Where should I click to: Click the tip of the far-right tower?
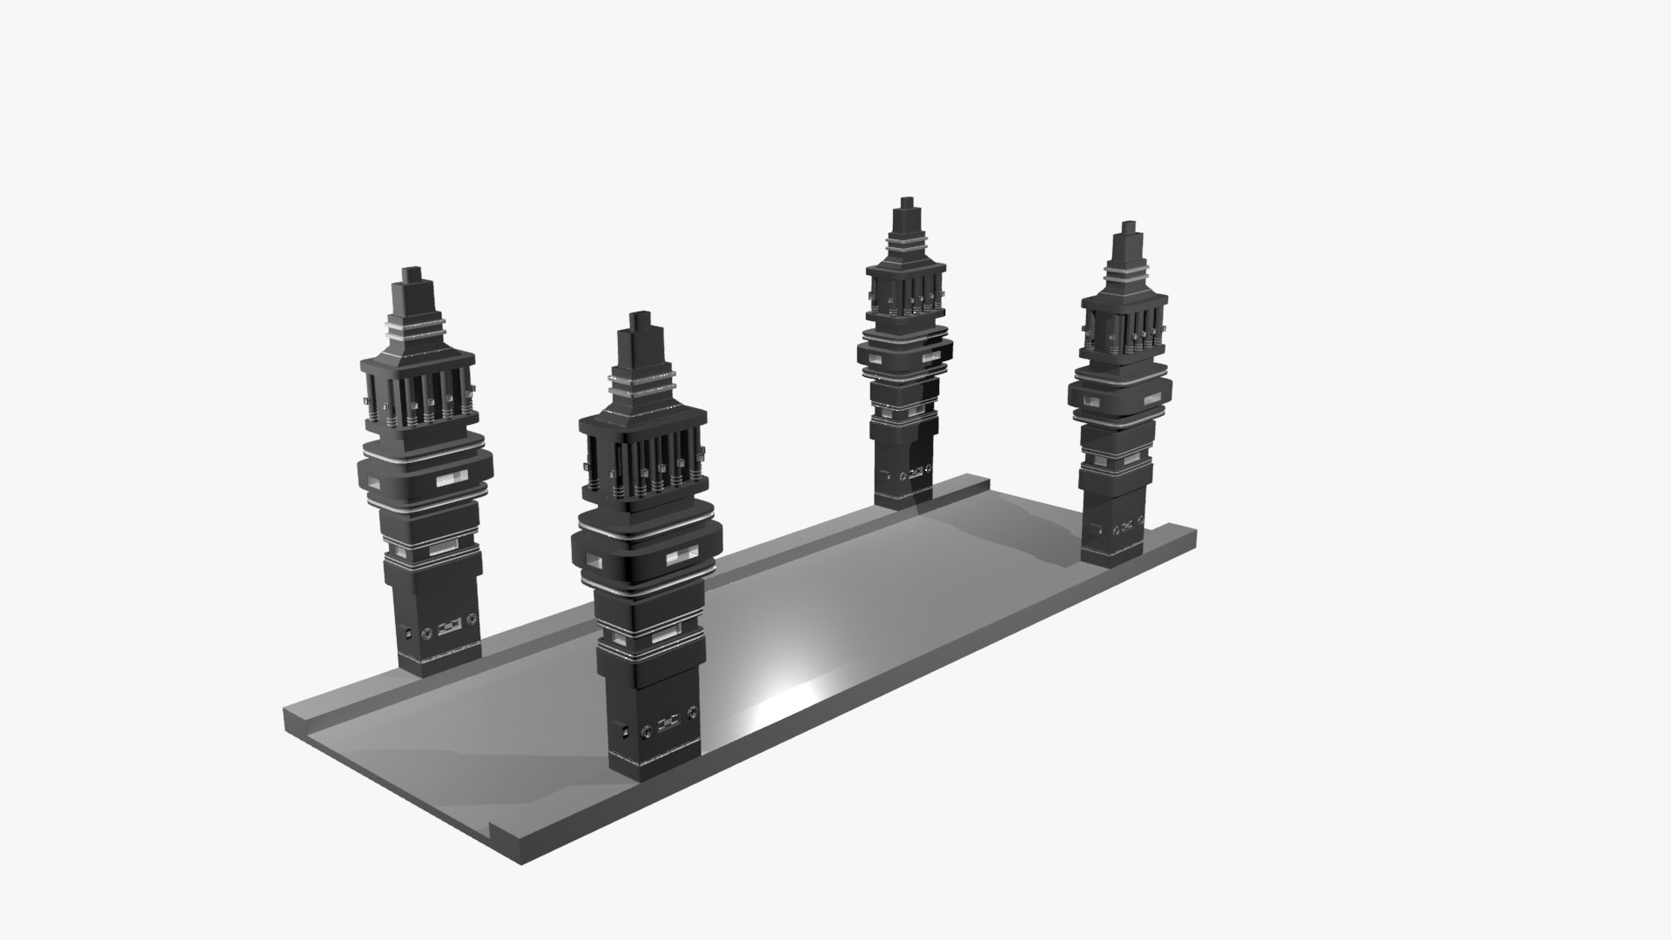(x=1130, y=226)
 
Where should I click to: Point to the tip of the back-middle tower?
(x=907, y=203)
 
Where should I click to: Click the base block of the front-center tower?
(x=648, y=714)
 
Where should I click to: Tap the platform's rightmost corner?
(x=1196, y=533)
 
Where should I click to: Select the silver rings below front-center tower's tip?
(x=642, y=381)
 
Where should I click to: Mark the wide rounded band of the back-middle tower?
(x=905, y=352)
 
